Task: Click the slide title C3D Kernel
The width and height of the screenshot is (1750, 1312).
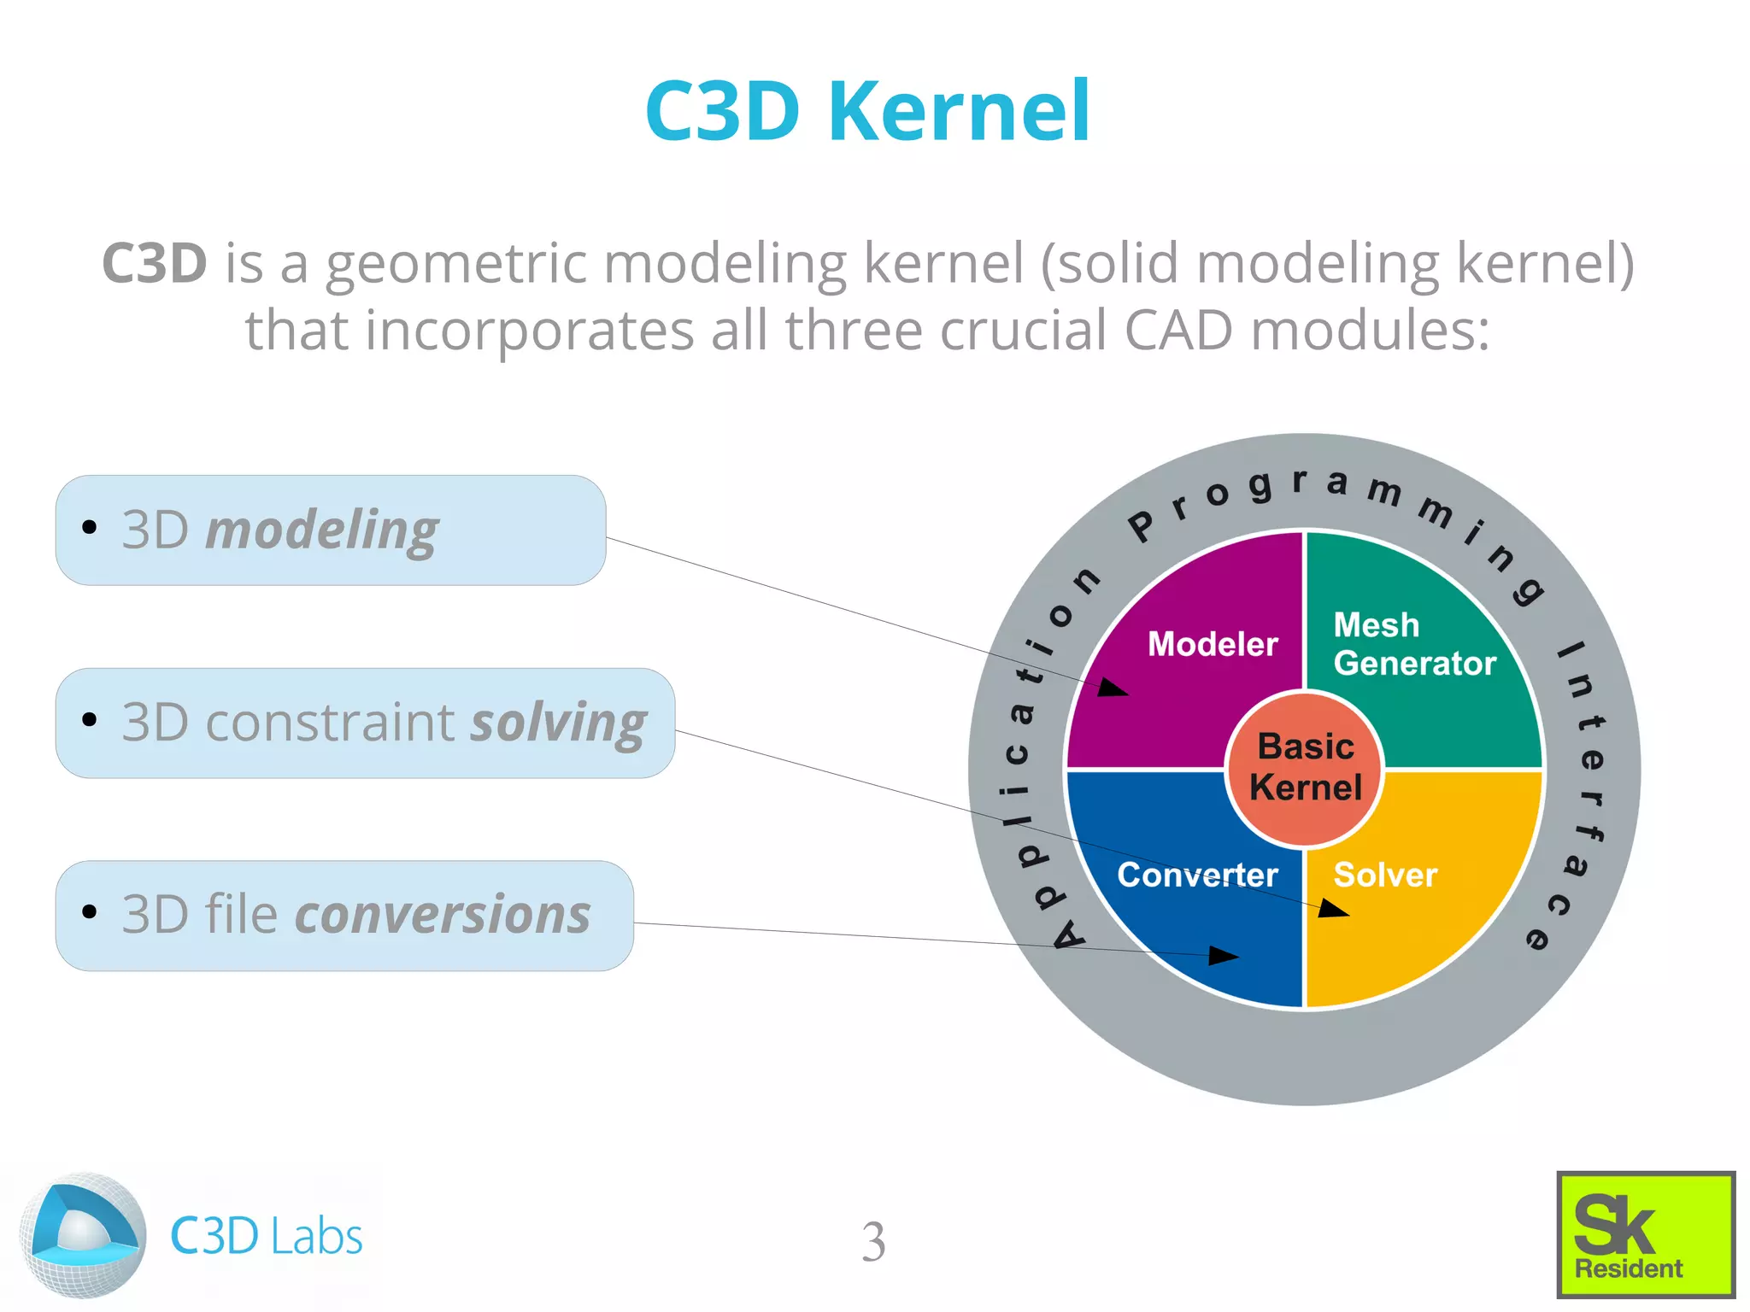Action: pyautogui.click(x=867, y=111)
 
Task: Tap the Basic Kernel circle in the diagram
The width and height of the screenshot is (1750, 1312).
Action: pyautogui.click(x=1305, y=768)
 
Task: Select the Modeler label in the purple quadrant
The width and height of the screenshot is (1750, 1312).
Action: pyautogui.click(x=1213, y=644)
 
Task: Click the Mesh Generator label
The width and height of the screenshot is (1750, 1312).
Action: pyautogui.click(x=1414, y=644)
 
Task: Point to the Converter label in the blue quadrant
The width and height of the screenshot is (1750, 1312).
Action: pyautogui.click(x=1197, y=875)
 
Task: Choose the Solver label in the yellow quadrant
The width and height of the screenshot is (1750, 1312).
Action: pyautogui.click(x=1385, y=875)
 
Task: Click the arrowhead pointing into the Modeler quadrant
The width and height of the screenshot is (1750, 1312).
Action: pyautogui.click(x=1113, y=688)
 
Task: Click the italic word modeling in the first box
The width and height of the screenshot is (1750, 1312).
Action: pyautogui.click(x=322, y=531)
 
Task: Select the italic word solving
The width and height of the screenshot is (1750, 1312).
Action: pyautogui.click(x=559, y=723)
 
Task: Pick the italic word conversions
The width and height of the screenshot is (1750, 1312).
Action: pyautogui.click(x=443, y=915)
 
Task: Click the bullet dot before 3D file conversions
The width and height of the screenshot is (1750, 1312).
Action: pyautogui.click(x=90, y=911)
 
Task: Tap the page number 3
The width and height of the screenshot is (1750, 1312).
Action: pyautogui.click(x=873, y=1241)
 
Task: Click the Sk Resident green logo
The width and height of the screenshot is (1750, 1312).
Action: pyautogui.click(x=1646, y=1234)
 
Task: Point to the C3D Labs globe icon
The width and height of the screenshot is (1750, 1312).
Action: pyautogui.click(x=83, y=1235)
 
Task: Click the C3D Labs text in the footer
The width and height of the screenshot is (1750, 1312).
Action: pyautogui.click(x=267, y=1236)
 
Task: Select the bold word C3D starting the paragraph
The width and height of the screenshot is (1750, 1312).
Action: pyautogui.click(x=155, y=262)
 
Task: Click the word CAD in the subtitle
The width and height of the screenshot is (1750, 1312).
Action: pyautogui.click(x=1178, y=330)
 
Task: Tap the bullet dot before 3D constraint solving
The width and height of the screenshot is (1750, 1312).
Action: pyautogui.click(x=90, y=719)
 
